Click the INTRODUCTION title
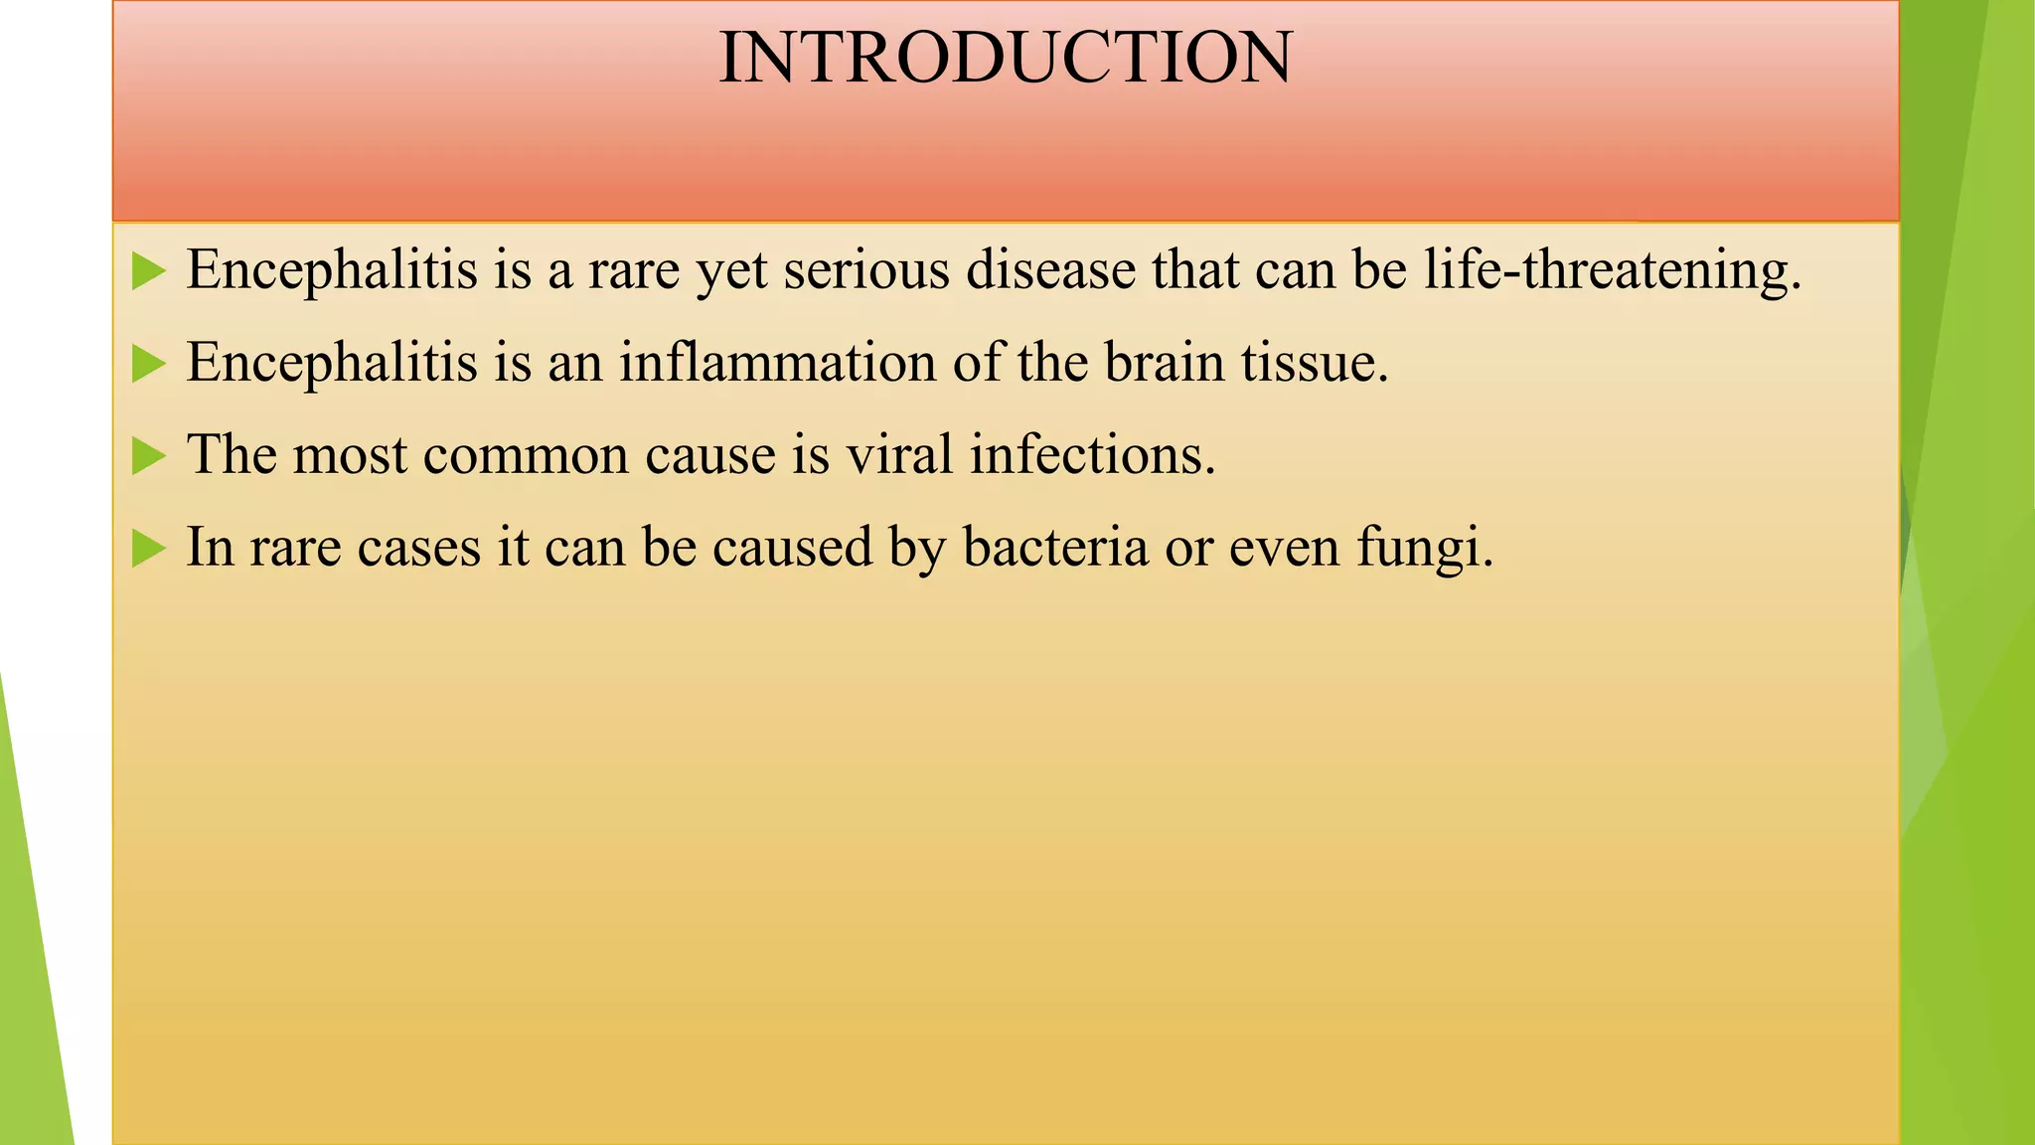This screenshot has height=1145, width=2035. pos(1005,58)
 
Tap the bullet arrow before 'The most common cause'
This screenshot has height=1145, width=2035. pos(148,457)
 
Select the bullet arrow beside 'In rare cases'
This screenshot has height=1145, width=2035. pos(148,549)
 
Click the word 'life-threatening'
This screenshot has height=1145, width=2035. pos(1611,270)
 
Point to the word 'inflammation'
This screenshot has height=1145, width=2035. pos(777,362)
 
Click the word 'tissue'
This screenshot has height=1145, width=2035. pos(1313,362)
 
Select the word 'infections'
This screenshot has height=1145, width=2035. pos(1092,455)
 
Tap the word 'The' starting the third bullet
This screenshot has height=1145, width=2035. pos(231,455)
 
